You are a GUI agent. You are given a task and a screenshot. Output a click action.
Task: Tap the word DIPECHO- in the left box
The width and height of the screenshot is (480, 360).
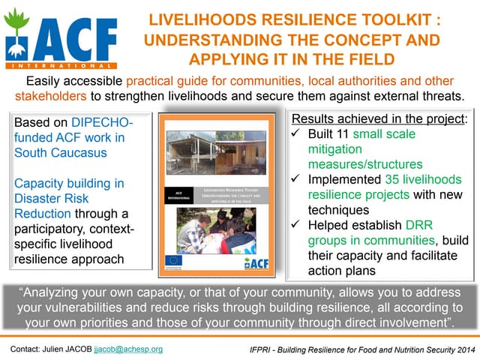click(x=103, y=122)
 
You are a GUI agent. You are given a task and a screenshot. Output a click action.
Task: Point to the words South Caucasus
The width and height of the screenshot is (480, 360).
click(x=59, y=152)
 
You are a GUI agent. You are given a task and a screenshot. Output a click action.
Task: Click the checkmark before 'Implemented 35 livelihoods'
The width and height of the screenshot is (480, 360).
click(x=297, y=181)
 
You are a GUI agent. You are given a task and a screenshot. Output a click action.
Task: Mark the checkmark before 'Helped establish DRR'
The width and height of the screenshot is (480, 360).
click(x=297, y=227)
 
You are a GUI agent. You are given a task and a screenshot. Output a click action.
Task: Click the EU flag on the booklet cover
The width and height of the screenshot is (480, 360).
click(x=174, y=261)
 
